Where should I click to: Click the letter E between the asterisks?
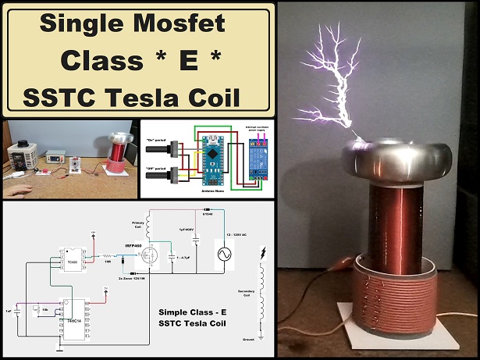[139, 60]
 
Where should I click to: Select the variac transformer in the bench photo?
[20, 159]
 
